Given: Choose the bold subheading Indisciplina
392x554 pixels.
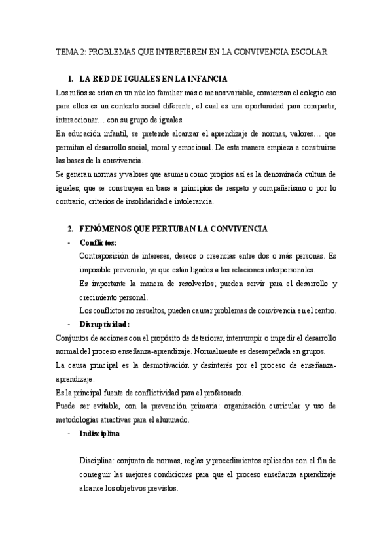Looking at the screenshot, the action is coord(99,433).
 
